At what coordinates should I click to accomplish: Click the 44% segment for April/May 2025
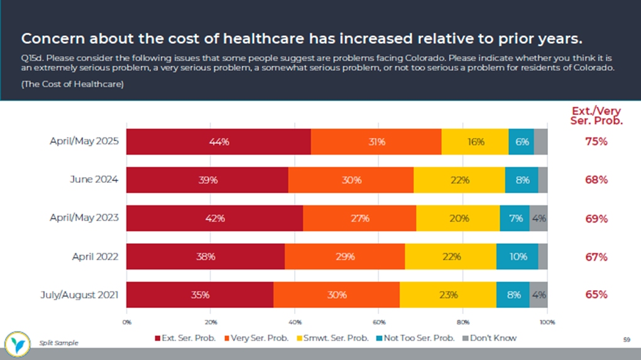click(x=219, y=142)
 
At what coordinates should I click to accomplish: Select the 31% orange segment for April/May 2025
click(x=376, y=142)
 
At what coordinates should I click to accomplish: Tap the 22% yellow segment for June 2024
click(x=459, y=180)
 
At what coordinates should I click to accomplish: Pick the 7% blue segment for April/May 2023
click(x=514, y=219)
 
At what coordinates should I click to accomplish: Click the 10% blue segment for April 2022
click(x=517, y=257)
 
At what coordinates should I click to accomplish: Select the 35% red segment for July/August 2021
click(x=200, y=295)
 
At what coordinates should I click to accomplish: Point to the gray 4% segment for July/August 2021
click(x=539, y=295)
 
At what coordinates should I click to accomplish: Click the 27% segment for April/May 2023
click(x=359, y=219)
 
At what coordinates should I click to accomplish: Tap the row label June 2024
click(x=94, y=180)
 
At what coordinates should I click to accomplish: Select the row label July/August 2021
click(x=80, y=295)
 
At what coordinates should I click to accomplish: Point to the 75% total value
click(x=596, y=142)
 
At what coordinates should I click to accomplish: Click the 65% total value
click(x=596, y=295)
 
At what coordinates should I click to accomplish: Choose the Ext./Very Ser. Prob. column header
click(x=596, y=116)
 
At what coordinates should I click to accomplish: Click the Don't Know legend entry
click(x=491, y=338)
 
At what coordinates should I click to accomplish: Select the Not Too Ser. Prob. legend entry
click(x=415, y=338)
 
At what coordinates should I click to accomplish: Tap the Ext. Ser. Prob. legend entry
click(x=185, y=338)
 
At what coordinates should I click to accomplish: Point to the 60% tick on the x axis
click(x=379, y=322)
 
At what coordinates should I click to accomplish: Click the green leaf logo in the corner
click(x=18, y=342)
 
